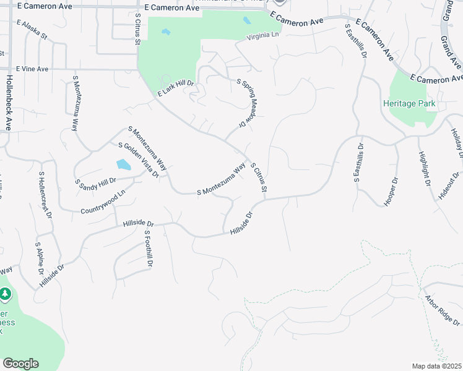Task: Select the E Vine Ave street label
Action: coord(32,69)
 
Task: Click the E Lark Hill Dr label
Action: coord(176,88)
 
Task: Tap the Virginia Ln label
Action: coord(263,36)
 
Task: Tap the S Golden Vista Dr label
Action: coord(138,160)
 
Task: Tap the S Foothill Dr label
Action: coord(148,249)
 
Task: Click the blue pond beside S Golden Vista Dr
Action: coord(123,165)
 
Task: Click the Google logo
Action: coord(20,364)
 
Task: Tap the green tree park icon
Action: coord(6,294)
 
